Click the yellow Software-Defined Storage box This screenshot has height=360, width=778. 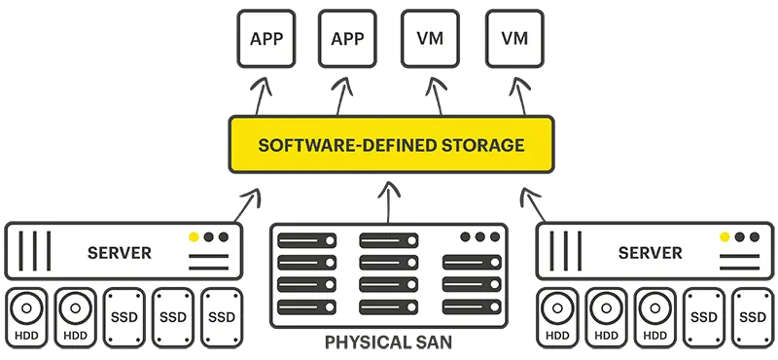pos(390,146)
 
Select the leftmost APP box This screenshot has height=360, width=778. pos(265,39)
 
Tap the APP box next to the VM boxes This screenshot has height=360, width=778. pos(347,39)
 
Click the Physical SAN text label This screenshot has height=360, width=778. pos(389,344)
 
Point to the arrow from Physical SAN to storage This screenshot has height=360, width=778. pos(389,200)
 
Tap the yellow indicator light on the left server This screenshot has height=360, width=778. pos(194,236)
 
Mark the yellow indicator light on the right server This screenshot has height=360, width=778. pos(724,236)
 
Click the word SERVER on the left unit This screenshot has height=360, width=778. pos(120,253)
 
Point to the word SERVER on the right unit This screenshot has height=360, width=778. pos(650,253)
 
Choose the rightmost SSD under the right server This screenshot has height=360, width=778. pos(752,316)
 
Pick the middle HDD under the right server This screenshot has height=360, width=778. pos(606,316)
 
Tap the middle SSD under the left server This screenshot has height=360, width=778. pos(173,316)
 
